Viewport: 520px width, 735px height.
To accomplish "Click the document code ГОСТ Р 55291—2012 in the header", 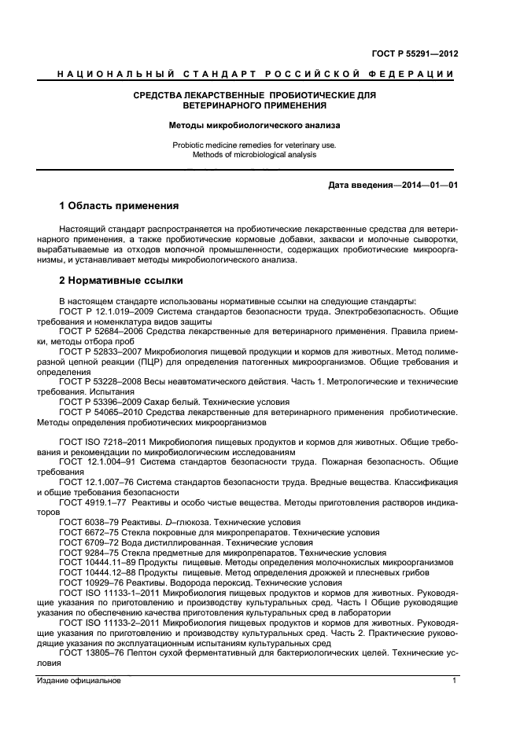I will [415, 54].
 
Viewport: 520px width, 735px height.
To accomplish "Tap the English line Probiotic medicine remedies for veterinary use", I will [255, 145].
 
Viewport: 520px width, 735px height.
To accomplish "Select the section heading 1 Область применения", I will [120, 206].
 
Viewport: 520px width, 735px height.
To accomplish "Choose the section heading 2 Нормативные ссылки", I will [121, 280].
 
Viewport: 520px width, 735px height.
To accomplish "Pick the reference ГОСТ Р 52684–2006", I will [101, 333].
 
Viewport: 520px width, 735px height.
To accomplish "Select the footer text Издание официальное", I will [79, 681].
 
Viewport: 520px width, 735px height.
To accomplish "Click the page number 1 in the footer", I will [455, 681].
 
